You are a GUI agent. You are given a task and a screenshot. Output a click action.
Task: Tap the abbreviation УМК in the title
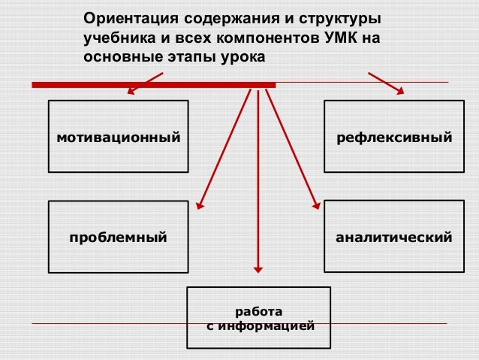pos(338,38)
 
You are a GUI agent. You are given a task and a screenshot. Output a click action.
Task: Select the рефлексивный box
pos(394,138)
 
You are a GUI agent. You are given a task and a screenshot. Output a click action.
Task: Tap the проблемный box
pos(118,237)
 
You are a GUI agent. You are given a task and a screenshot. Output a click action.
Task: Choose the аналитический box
pos(394,237)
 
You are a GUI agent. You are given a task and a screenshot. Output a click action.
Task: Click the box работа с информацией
pos(259,318)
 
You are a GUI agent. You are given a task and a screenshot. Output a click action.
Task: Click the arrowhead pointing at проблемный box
pos(200,202)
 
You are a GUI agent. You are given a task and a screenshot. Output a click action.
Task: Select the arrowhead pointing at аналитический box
pos(315,202)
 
